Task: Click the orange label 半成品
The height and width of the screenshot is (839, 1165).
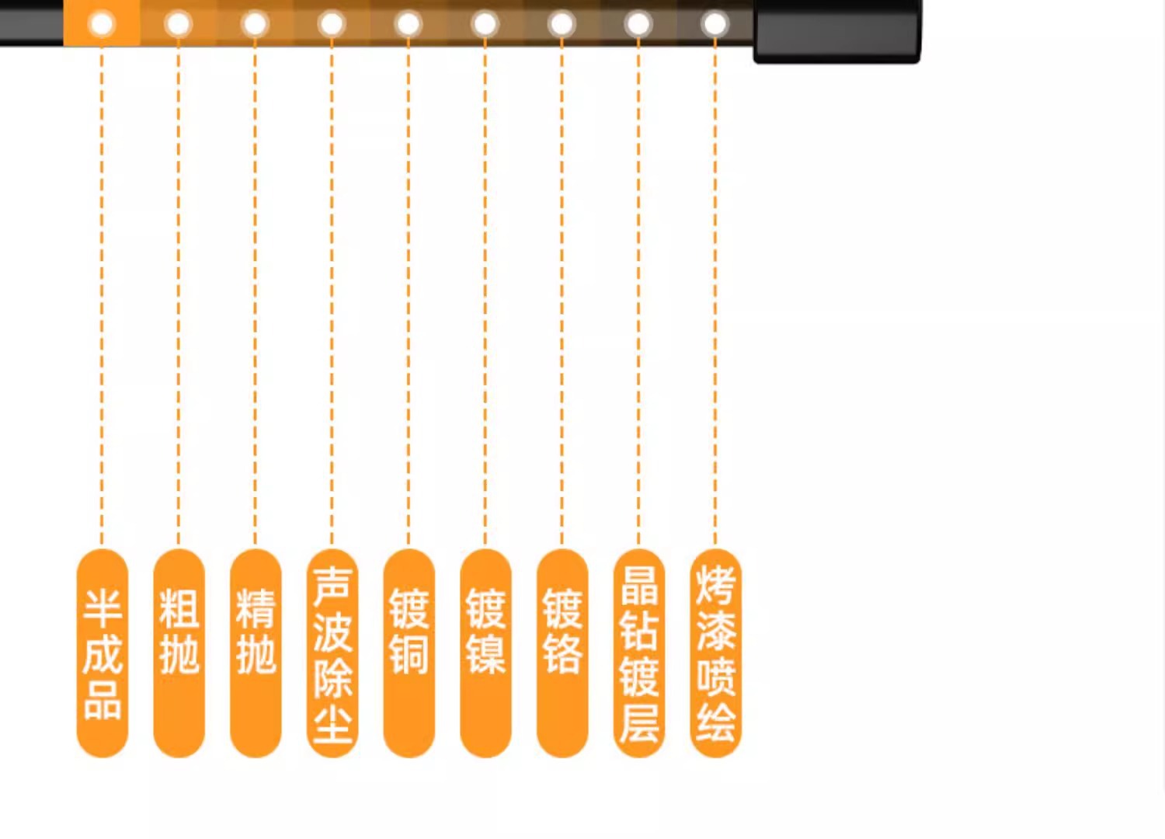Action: (102, 653)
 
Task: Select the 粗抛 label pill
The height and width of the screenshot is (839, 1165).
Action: (179, 653)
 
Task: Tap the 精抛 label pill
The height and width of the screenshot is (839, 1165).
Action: (256, 653)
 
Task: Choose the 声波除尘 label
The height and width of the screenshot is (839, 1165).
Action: (332, 653)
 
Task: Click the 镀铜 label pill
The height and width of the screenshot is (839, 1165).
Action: (409, 653)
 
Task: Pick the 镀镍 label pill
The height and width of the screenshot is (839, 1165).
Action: (485, 653)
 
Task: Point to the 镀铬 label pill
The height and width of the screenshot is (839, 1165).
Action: (562, 653)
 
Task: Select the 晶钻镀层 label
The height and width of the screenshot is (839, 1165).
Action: (639, 653)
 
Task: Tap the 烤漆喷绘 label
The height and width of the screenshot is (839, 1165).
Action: (715, 653)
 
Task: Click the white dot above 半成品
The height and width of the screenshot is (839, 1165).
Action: (102, 24)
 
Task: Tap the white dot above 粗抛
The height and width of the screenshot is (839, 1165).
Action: (179, 24)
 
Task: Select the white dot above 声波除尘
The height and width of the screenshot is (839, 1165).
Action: (332, 24)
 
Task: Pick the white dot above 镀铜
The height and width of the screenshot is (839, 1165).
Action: (409, 24)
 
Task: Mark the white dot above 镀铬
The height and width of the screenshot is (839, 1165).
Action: (562, 24)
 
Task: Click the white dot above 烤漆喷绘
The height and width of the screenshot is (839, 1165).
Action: (715, 24)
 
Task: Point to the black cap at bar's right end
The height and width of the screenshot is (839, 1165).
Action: (836, 31)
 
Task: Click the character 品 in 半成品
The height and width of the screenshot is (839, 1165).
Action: (103, 700)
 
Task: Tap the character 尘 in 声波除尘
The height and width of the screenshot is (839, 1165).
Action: (333, 723)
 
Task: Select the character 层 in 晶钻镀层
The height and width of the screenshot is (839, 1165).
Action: (639, 722)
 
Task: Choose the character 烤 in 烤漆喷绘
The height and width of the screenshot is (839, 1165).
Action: (715, 585)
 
